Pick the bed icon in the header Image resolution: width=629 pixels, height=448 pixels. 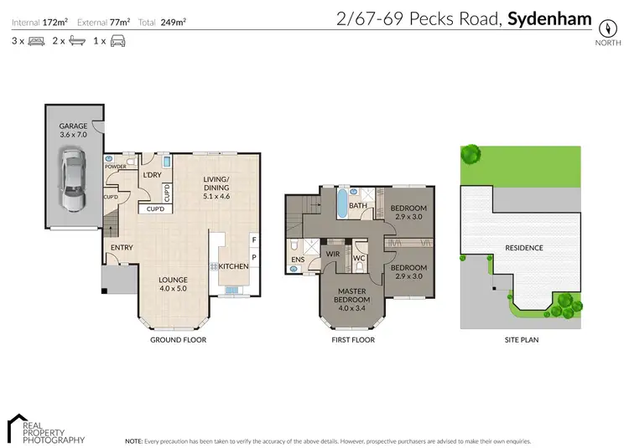(36, 40)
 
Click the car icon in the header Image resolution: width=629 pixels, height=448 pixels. (118, 40)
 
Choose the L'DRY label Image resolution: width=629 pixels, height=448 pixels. (152, 174)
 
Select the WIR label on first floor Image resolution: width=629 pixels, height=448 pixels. (332, 252)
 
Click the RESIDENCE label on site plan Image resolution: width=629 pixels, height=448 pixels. (523, 248)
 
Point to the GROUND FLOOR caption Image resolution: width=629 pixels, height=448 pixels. (178, 340)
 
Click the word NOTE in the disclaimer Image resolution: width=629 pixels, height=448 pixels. (133, 440)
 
